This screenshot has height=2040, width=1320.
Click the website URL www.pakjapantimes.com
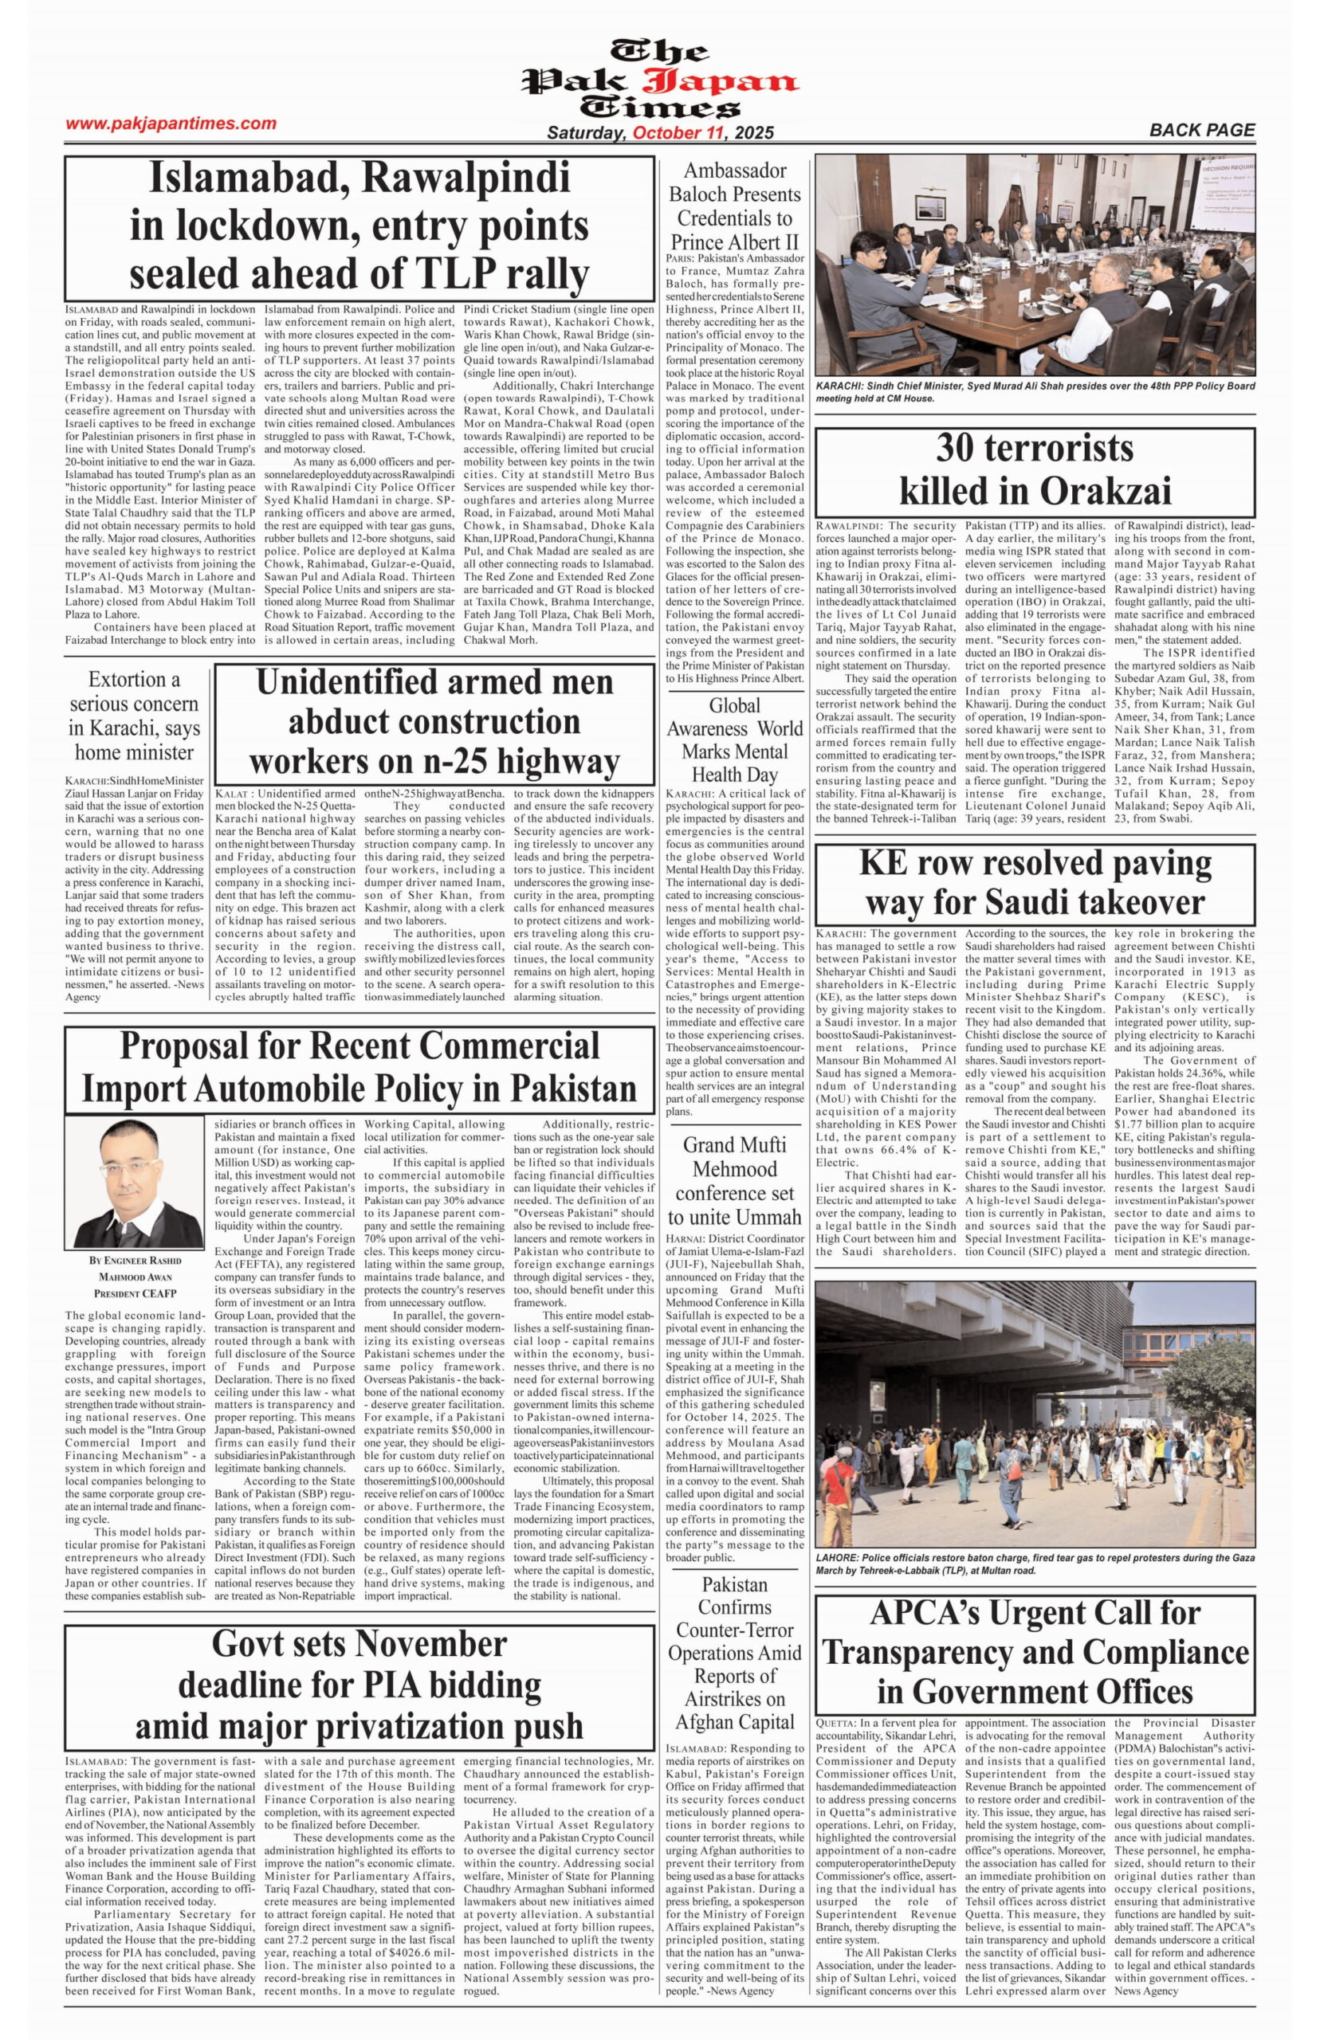pos(171,124)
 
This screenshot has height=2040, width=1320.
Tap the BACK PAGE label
pos(1202,130)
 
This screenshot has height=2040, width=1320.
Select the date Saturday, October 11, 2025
pos(660,133)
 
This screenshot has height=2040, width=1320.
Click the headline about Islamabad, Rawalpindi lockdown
pos(359,226)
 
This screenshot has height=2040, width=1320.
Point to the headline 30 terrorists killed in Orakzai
pos(1035,469)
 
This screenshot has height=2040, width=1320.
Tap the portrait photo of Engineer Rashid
pos(134,1183)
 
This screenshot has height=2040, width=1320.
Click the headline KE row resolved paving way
pos(1035,882)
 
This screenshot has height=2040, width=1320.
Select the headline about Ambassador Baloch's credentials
pos(735,206)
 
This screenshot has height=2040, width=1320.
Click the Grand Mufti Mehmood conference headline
pos(735,1181)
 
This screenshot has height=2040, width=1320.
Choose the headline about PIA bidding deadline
pos(359,1685)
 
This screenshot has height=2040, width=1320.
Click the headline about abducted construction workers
pos(434,721)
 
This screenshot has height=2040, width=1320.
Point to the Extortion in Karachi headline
pos(134,716)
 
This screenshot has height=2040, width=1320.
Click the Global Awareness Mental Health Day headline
pos(735,740)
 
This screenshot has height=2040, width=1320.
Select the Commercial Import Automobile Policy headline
pos(359,1068)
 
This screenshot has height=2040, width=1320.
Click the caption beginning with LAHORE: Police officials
pos(1035,1563)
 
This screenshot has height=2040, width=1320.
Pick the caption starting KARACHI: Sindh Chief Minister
pos(1035,391)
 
